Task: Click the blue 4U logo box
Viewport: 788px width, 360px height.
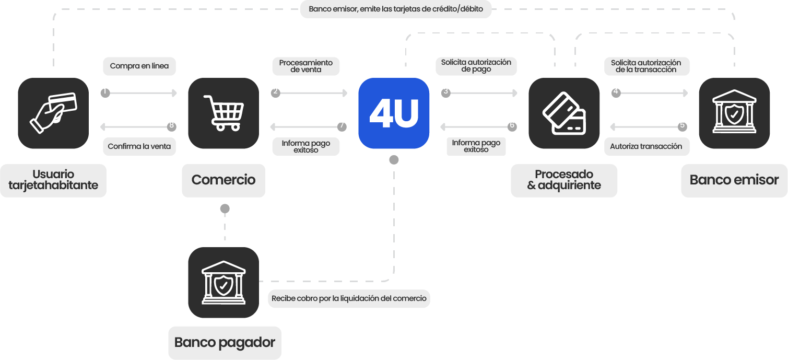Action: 394,113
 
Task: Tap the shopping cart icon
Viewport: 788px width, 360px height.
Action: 224,113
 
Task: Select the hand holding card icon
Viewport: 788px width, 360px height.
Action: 53,113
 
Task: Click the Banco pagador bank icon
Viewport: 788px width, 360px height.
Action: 224,283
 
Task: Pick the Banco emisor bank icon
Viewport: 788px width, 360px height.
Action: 734,113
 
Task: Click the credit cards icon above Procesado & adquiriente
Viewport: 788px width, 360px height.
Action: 564,113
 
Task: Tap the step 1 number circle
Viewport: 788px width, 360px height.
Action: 105,92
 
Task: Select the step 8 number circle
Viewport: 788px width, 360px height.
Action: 171,126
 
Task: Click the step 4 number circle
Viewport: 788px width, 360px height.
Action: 616,92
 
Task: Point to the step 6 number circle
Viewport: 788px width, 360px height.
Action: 512,126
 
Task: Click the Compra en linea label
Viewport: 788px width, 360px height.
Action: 139,66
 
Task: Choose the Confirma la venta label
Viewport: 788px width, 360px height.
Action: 139,146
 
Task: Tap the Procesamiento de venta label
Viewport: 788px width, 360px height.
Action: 306,66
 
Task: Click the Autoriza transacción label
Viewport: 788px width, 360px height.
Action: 646,146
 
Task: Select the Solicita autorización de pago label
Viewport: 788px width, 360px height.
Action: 476,66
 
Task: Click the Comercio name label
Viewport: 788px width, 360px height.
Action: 224,180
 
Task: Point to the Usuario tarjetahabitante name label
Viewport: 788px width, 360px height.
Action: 53,180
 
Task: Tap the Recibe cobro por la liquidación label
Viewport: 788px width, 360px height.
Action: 349,299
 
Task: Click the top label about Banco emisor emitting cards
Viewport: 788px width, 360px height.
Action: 396,9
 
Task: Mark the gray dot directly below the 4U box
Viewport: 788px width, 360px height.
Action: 394,160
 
